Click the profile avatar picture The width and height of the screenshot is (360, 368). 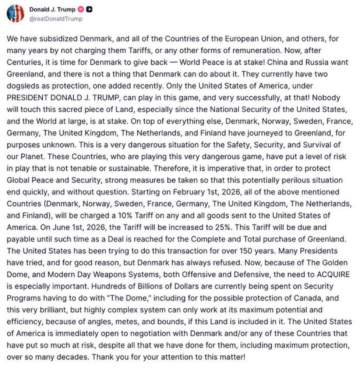(16, 14)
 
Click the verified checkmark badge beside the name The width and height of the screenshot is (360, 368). (81, 10)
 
